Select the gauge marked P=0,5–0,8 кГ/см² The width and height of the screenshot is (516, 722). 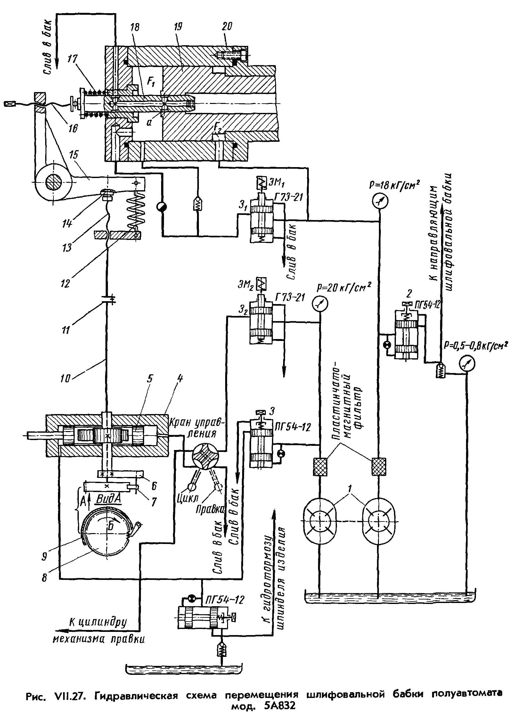(466, 363)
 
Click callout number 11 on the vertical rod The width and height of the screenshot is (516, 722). (66, 330)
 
